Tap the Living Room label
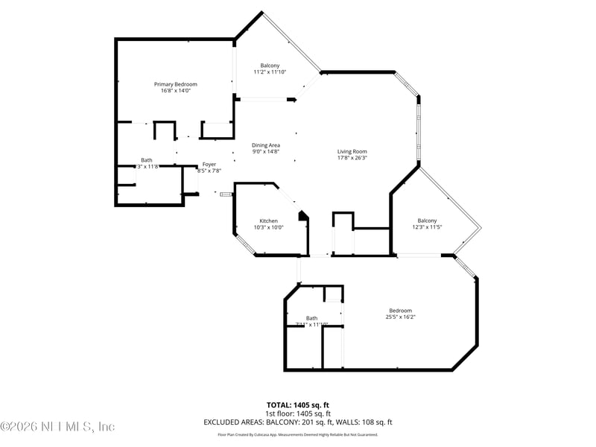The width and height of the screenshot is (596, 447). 352,151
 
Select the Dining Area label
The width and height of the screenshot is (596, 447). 265,145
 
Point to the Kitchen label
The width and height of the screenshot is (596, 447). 268,221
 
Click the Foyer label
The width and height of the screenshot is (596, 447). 209,164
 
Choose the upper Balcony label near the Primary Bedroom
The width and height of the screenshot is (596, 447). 270,65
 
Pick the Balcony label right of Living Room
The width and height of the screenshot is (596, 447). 427,221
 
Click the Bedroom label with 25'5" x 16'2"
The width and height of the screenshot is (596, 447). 400,311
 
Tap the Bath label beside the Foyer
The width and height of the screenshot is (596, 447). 147,160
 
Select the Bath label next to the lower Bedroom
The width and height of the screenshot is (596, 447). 311,318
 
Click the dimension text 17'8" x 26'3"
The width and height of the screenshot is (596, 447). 352,158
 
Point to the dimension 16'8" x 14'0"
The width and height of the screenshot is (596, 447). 176,91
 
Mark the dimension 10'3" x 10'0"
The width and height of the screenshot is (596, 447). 268,227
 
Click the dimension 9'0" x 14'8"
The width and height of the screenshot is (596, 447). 265,152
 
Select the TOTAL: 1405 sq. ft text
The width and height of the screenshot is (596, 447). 298,405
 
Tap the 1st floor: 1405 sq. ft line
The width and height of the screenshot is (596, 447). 298,413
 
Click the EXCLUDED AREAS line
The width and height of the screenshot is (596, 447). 298,422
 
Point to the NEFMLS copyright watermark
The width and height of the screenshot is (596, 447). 57,427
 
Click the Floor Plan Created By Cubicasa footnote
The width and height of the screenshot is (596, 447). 298,434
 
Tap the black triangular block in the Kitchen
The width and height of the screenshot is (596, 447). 302,216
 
